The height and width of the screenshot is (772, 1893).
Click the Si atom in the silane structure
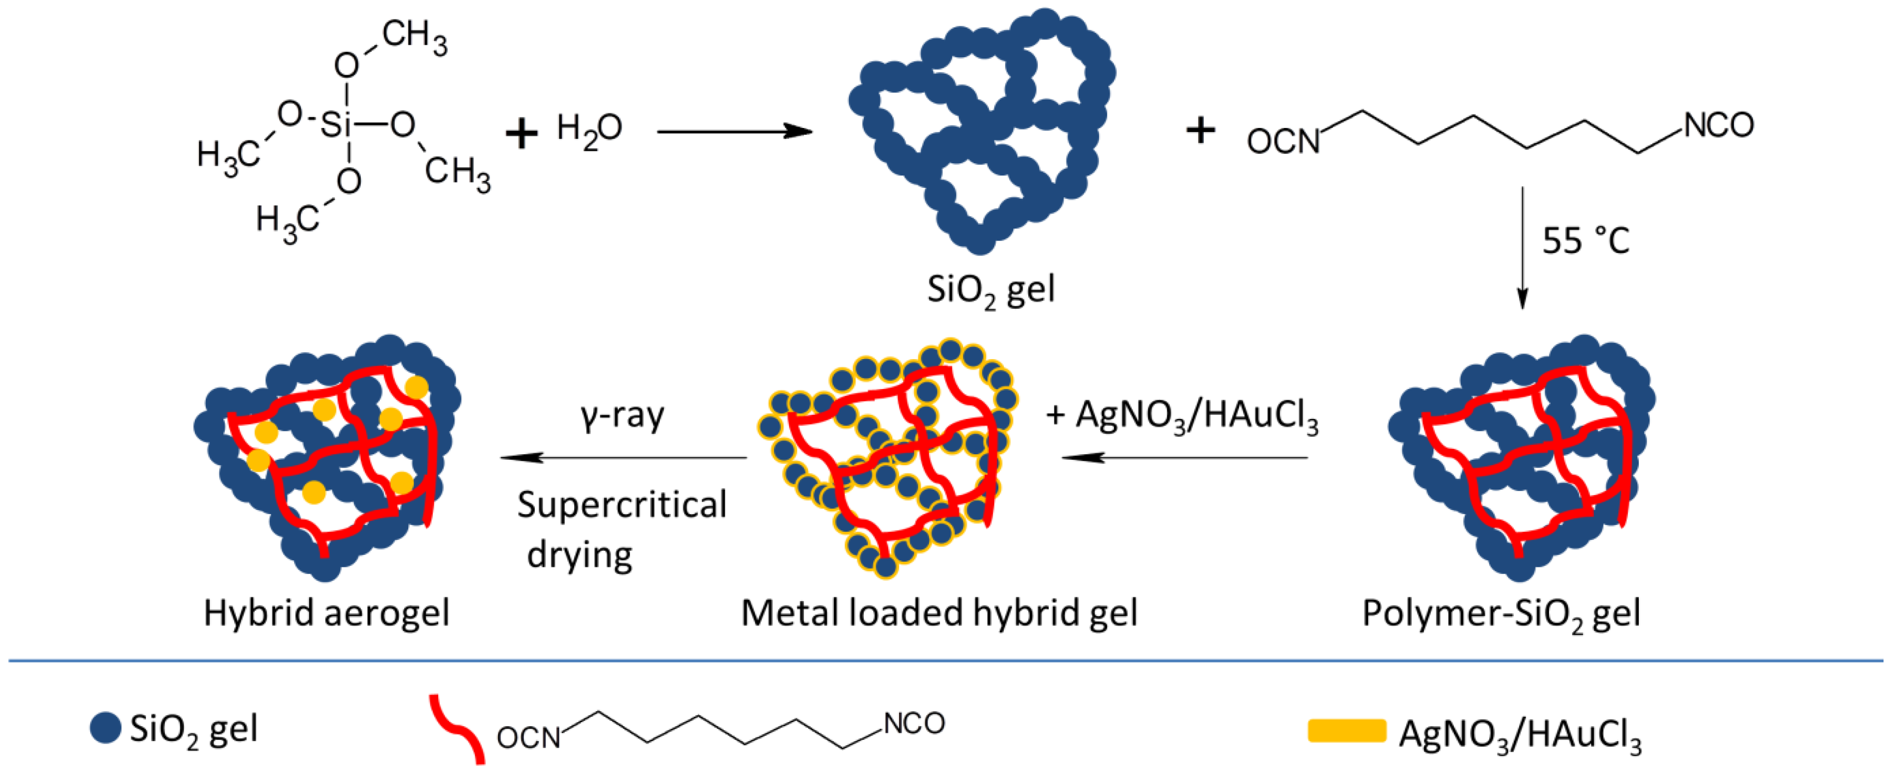pyautogui.click(x=336, y=125)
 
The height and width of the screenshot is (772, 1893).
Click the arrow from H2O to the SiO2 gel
pyautogui.click(x=734, y=132)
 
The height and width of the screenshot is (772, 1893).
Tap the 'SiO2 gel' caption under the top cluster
pyautogui.click(x=990, y=289)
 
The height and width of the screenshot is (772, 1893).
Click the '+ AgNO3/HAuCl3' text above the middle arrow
pyautogui.click(x=1182, y=416)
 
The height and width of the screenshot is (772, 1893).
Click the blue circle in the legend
pyautogui.click(x=105, y=728)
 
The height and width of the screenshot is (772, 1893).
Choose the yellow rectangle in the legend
pyautogui.click(x=1346, y=732)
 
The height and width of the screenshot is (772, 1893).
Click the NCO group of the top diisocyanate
pyautogui.click(x=1718, y=126)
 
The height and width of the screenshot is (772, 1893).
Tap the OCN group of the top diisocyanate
pyautogui.click(x=1283, y=141)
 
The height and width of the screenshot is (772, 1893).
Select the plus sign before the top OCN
pyautogui.click(x=1201, y=131)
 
